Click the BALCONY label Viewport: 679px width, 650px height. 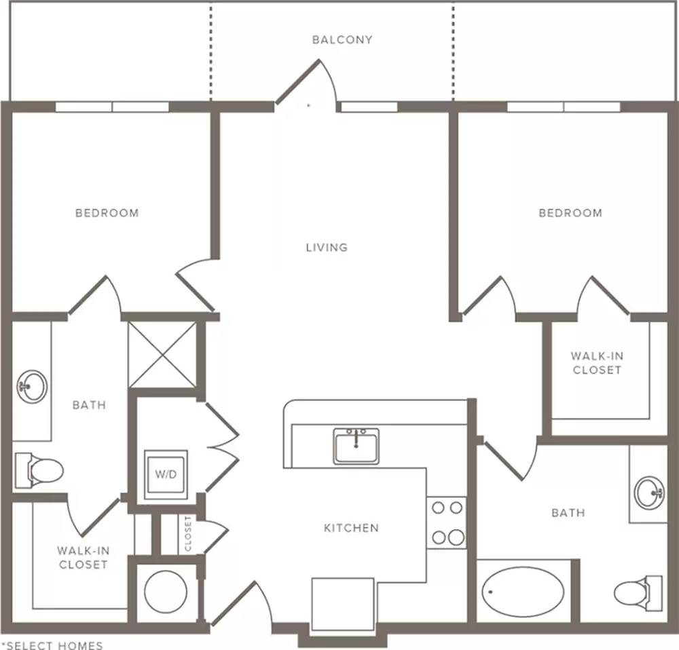[342, 40]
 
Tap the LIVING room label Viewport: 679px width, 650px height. [327, 248]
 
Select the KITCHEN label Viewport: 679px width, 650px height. [351, 528]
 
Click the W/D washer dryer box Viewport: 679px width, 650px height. [166, 475]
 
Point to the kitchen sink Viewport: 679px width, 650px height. [356, 446]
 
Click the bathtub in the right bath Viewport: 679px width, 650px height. [523, 592]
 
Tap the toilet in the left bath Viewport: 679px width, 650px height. [39, 470]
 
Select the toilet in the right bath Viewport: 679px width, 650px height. [638, 593]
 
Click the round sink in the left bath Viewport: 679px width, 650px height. [32, 387]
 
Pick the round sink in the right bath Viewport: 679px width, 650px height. [649, 493]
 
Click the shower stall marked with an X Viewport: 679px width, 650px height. [162, 354]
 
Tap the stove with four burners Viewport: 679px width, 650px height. [447, 522]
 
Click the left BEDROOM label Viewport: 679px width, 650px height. [107, 213]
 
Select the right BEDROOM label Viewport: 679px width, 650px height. [570, 213]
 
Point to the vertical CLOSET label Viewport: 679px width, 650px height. [188, 533]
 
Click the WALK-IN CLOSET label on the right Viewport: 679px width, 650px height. [597, 363]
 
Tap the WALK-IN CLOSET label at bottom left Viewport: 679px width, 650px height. [83, 558]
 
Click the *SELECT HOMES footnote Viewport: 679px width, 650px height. [52, 645]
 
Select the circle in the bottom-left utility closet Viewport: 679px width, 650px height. [166, 592]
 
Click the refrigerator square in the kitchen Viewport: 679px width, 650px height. [343, 604]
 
